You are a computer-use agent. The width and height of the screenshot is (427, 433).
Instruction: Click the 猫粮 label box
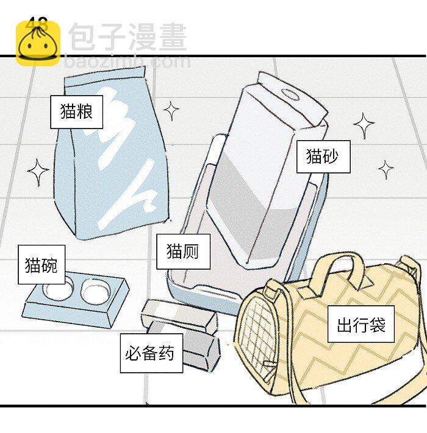(76, 112)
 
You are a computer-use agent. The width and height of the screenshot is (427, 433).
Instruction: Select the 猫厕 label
(183, 251)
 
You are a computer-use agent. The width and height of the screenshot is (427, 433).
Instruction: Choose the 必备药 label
(150, 353)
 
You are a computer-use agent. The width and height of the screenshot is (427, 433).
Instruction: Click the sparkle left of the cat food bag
(38, 172)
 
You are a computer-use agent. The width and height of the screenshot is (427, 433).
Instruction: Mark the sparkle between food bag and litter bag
(171, 111)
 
